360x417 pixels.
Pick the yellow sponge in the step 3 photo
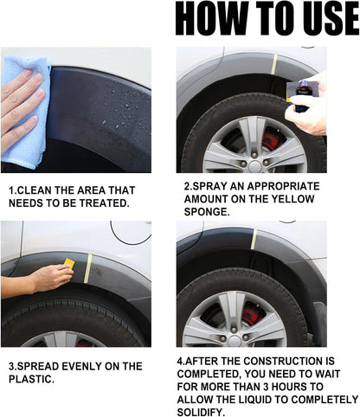click(68, 263)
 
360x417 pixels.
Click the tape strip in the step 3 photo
click(88, 269)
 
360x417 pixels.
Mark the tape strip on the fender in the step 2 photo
click(274, 63)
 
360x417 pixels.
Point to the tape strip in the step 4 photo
click(254, 240)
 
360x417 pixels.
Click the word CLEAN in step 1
click(44, 189)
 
